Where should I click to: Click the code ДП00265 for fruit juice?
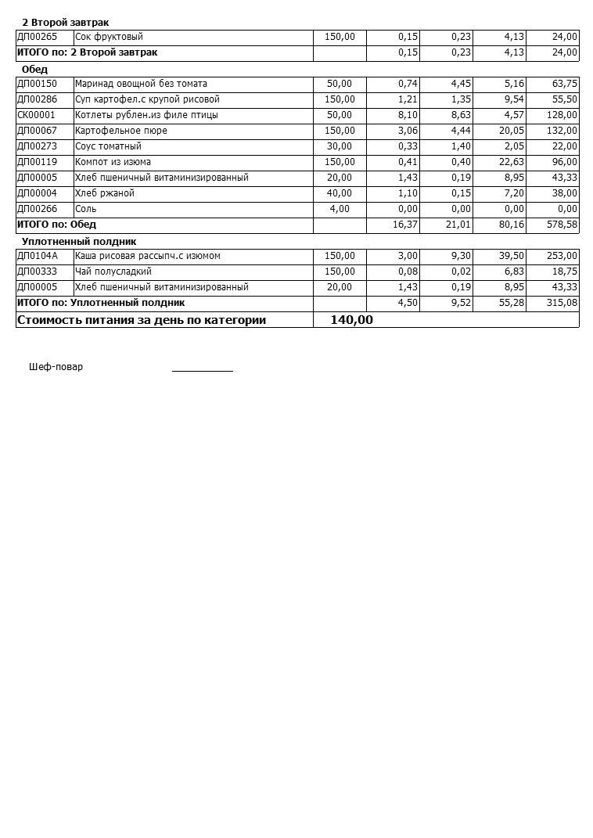37,37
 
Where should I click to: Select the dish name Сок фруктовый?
109,37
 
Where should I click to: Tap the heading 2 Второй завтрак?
66,23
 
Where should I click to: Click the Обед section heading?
34,70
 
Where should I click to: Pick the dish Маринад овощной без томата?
141,84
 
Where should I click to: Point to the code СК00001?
36,115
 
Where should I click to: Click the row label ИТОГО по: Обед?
56,225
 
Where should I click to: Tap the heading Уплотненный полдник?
79,242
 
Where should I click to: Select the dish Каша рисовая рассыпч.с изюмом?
148,256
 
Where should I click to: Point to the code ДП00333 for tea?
37,272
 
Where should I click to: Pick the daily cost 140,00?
351,320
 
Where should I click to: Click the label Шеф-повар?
56,367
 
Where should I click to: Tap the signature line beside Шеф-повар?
203,369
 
